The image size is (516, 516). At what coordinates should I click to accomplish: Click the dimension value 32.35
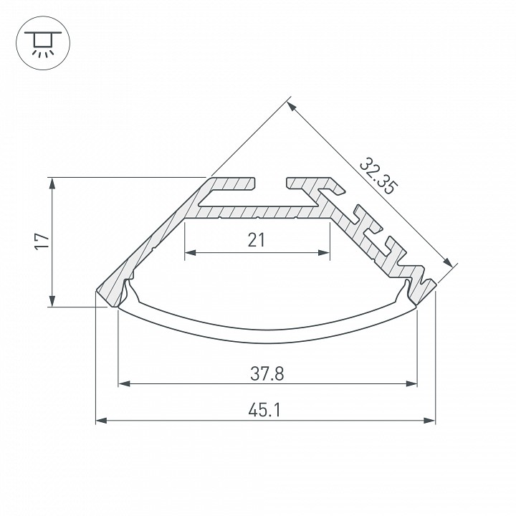pyautogui.click(x=378, y=176)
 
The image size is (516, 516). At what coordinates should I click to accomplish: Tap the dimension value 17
pyautogui.click(x=42, y=242)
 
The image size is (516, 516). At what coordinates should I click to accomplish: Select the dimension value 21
pyautogui.click(x=257, y=240)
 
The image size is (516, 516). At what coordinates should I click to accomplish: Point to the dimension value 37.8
pyautogui.click(x=267, y=373)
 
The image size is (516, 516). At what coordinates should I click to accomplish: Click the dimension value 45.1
pyautogui.click(x=265, y=411)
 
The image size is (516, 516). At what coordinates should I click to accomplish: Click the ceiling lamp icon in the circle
pyautogui.click(x=43, y=44)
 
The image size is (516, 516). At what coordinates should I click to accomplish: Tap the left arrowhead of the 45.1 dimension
pyautogui.click(x=101, y=420)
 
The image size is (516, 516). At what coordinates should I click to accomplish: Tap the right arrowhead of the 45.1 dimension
pyautogui.click(x=429, y=420)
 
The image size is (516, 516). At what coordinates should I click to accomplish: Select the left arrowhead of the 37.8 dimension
pyautogui.click(x=124, y=383)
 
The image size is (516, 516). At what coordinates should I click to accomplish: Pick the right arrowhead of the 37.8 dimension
pyautogui.click(x=411, y=383)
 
